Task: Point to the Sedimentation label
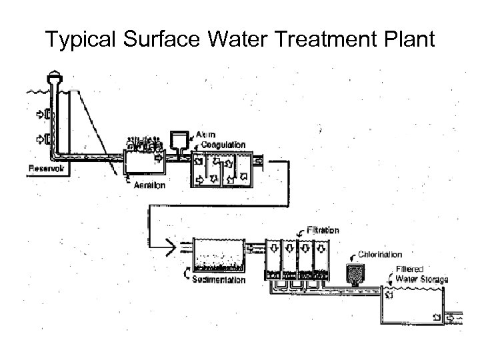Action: pyautogui.click(x=219, y=280)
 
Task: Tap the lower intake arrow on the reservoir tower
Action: pyautogui.click(x=41, y=140)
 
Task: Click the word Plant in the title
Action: pyautogui.click(x=408, y=41)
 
